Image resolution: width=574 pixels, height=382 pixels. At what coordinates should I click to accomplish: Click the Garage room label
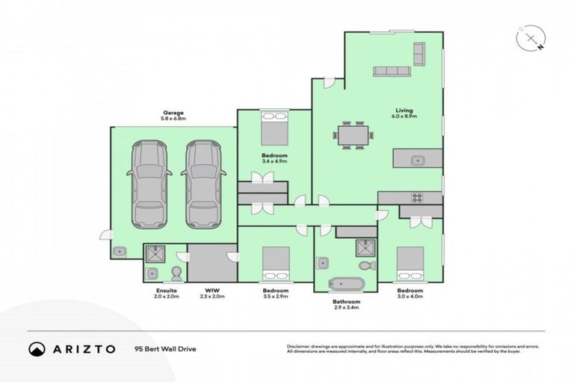click(x=173, y=113)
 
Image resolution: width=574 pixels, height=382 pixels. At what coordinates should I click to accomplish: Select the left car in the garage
click(x=149, y=184)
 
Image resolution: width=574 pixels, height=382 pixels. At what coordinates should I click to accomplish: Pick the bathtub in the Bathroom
click(x=347, y=284)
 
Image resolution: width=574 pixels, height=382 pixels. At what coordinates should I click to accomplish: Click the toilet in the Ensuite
click(x=177, y=272)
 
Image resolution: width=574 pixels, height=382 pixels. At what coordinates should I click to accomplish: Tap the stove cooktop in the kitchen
click(x=417, y=198)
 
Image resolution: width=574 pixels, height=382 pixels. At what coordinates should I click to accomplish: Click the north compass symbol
click(x=531, y=38)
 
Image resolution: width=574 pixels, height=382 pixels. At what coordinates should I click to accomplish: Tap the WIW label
click(x=212, y=290)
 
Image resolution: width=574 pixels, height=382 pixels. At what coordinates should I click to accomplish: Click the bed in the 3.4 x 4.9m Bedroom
click(x=272, y=129)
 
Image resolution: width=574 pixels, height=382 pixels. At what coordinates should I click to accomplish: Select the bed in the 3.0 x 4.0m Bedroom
click(x=410, y=263)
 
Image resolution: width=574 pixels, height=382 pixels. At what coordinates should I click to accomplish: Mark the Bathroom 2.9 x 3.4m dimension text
click(x=347, y=307)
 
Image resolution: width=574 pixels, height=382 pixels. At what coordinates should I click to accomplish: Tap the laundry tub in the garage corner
click(x=120, y=252)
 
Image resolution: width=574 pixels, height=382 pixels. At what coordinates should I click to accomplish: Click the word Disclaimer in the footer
click(x=299, y=347)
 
